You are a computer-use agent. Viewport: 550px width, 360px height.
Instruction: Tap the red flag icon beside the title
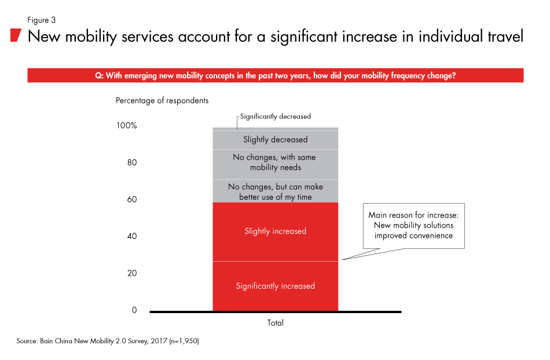coord(16,36)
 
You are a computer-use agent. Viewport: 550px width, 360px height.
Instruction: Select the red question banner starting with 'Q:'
coord(275,75)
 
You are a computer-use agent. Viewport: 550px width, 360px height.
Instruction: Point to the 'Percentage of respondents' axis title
coord(162,101)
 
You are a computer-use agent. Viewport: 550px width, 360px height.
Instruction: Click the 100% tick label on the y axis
coord(126,126)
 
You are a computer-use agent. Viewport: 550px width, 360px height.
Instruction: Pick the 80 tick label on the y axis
coord(131,163)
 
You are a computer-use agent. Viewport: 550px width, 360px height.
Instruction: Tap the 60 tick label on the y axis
coord(131,200)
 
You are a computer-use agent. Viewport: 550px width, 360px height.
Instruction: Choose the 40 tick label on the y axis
coord(131,236)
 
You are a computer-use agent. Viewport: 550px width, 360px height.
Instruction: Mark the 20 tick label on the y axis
coord(131,273)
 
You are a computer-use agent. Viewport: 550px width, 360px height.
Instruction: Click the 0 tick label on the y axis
coord(134,310)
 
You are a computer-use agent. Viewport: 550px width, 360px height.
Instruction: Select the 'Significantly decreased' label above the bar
coord(275,116)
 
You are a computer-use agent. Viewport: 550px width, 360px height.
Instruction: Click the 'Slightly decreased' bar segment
coord(275,139)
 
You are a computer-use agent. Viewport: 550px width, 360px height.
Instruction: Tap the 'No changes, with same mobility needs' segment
coord(275,163)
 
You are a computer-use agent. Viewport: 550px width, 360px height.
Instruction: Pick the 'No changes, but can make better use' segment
coord(275,192)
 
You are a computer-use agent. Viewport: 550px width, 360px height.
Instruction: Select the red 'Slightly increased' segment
coord(275,232)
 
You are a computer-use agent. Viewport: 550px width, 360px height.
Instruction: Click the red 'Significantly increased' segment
coord(275,286)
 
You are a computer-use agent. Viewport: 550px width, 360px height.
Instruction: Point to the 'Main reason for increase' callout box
coord(413,225)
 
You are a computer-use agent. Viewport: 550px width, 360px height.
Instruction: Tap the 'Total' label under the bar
coord(275,323)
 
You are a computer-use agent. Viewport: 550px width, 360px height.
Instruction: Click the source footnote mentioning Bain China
coord(108,342)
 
